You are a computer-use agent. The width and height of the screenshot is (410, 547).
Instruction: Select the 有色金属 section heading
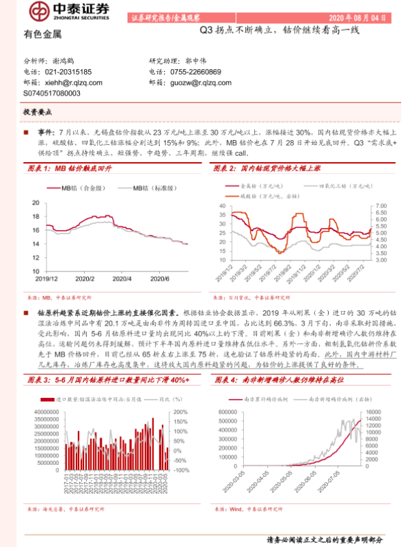tap(42, 34)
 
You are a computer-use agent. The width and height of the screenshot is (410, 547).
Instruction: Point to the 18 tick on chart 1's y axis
tap(36, 202)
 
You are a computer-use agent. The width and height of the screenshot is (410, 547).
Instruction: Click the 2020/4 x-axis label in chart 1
tap(122, 278)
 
